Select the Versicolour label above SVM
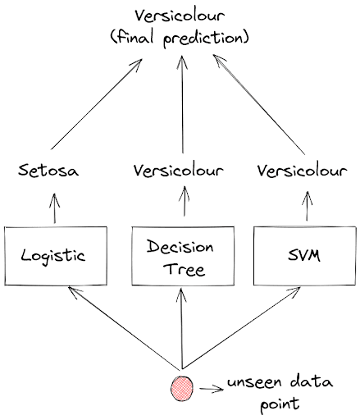tap(304, 171)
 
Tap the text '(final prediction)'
tap(180, 37)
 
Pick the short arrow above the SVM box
tap(305, 205)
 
